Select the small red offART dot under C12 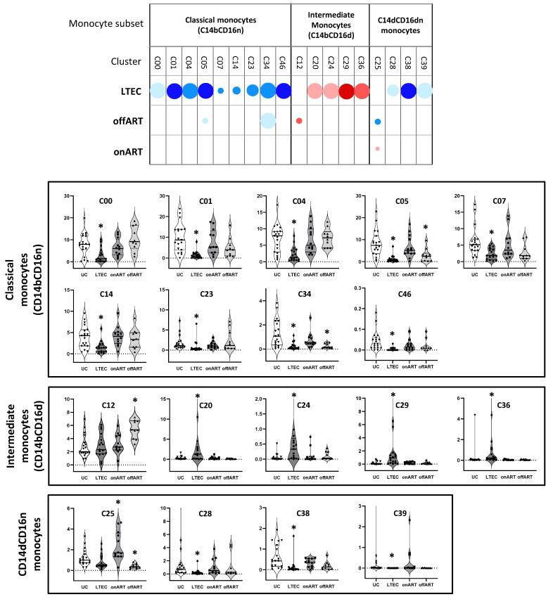coord(299,121)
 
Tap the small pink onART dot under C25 coord(377,148)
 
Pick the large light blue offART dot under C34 coord(268,120)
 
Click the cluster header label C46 coord(284,60)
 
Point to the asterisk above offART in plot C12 coord(134,401)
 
